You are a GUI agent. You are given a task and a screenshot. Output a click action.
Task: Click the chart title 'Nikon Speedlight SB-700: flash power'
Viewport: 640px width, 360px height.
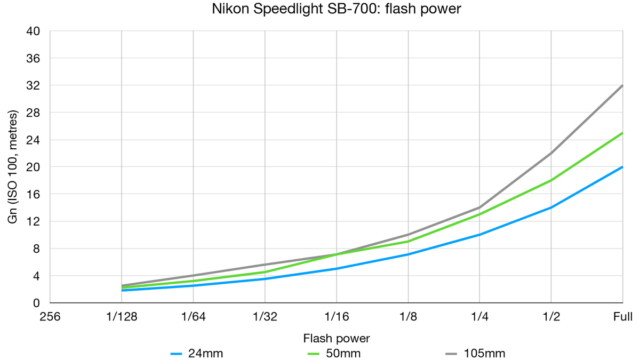point(319,9)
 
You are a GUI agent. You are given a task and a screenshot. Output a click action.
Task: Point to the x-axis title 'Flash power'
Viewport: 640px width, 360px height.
point(336,338)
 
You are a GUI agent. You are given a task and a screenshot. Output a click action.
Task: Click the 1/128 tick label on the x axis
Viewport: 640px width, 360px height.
point(122,317)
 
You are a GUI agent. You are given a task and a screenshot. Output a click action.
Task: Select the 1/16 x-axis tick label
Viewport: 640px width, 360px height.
point(337,317)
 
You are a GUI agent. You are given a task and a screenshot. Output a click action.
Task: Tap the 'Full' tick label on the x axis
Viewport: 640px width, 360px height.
point(622,317)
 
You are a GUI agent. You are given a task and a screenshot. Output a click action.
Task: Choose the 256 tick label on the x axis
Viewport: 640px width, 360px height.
point(51,317)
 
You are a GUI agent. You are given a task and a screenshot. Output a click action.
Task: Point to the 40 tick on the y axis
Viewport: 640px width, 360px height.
point(34,31)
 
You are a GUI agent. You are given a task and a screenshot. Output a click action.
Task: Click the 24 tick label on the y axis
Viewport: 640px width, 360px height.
point(34,140)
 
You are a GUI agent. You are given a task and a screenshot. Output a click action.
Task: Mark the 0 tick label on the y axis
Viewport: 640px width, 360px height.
point(37,303)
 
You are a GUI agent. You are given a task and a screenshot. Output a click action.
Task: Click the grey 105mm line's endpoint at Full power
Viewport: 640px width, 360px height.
point(622,85)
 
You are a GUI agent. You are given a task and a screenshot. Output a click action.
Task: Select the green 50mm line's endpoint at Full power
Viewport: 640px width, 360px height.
point(622,133)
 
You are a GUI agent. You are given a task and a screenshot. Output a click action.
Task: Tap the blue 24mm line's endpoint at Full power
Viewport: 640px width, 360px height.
point(622,167)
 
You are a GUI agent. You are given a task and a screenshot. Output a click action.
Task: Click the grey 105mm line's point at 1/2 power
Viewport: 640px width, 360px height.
point(551,153)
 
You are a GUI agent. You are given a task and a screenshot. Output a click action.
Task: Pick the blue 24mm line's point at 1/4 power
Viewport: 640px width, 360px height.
point(479,235)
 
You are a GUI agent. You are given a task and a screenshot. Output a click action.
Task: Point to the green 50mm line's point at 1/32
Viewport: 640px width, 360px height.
point(265,272)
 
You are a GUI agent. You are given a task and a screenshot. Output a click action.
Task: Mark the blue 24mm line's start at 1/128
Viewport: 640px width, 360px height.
point(122,290)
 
